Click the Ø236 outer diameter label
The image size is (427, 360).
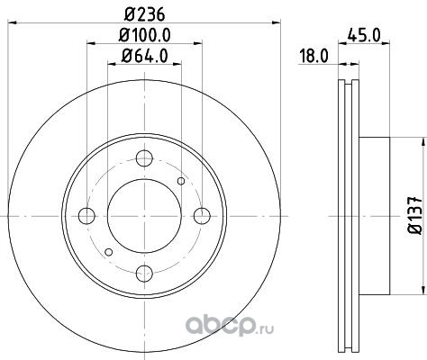click(x=144, y=14)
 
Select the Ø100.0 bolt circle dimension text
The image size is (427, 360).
click(x=144, y=35)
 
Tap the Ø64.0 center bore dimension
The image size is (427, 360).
click(x=144, y=56)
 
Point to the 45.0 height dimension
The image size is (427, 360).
click(x=364, y=35)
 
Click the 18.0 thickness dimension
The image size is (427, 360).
click(x=313, y=56)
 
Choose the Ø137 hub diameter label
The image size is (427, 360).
click(x=414, y=215)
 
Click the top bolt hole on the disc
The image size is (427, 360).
click(x=144, y=158)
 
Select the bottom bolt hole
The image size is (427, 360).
click(x=144, y=274)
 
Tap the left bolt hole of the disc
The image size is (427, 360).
click(x=86, y=216)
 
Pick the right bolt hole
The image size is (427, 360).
click(x=202, y=216)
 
